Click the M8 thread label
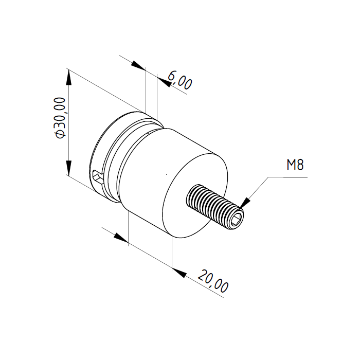point(295,165)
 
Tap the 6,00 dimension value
point(180,80)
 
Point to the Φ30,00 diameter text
point(60,118)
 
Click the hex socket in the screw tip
point(237,219)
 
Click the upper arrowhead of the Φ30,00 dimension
point(68,77)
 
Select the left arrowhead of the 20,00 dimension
point(121,238)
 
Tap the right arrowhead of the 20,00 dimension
point(179,272)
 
